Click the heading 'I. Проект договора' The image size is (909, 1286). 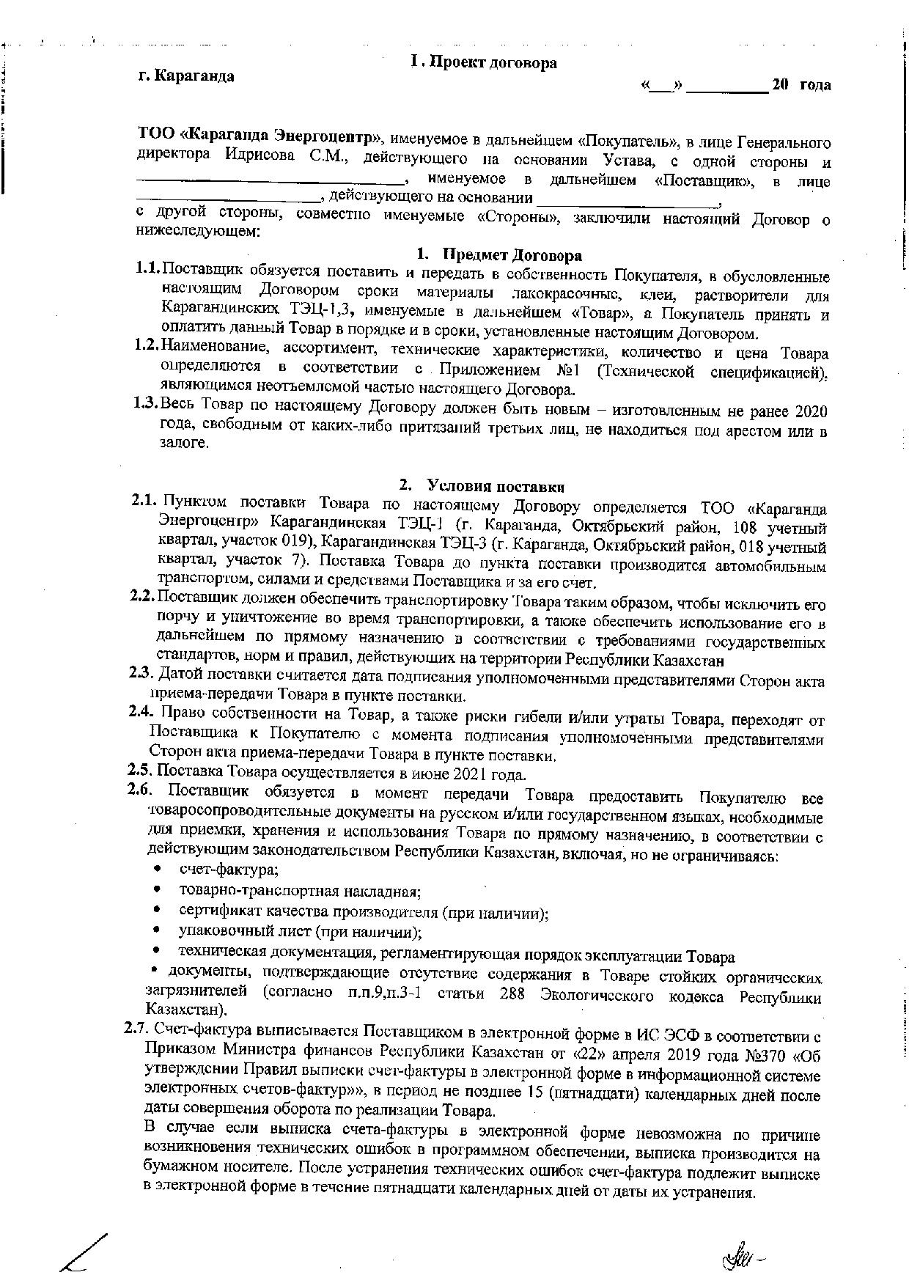tap(484, 63)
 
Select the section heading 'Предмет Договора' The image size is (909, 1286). tap(511, 255)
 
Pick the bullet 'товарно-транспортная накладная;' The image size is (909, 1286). tap(300, 891)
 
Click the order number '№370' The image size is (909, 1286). tap(762, 1058)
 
